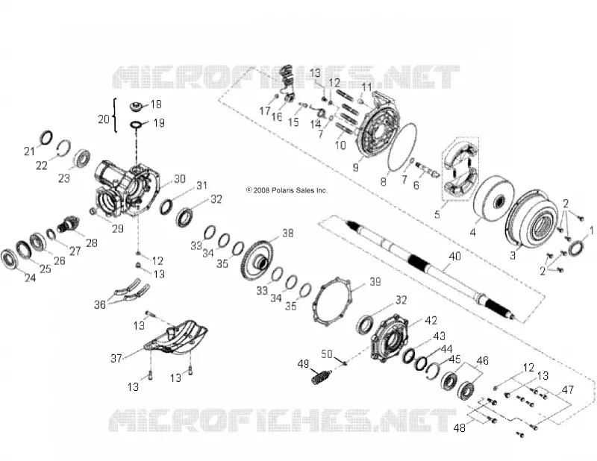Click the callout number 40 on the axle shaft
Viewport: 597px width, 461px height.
454,256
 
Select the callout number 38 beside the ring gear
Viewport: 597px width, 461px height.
288,233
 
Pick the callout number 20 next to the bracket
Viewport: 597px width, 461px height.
104,119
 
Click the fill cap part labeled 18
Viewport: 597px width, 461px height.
137,106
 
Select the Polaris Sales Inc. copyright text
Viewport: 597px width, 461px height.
287,190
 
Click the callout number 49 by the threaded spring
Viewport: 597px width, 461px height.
304,364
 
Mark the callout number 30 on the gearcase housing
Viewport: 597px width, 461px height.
179,178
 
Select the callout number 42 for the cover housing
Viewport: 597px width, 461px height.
431,320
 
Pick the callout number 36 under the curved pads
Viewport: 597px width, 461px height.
100,304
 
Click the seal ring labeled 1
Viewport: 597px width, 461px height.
575,248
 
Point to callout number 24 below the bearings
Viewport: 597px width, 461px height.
30,277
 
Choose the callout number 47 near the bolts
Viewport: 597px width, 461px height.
568,390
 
